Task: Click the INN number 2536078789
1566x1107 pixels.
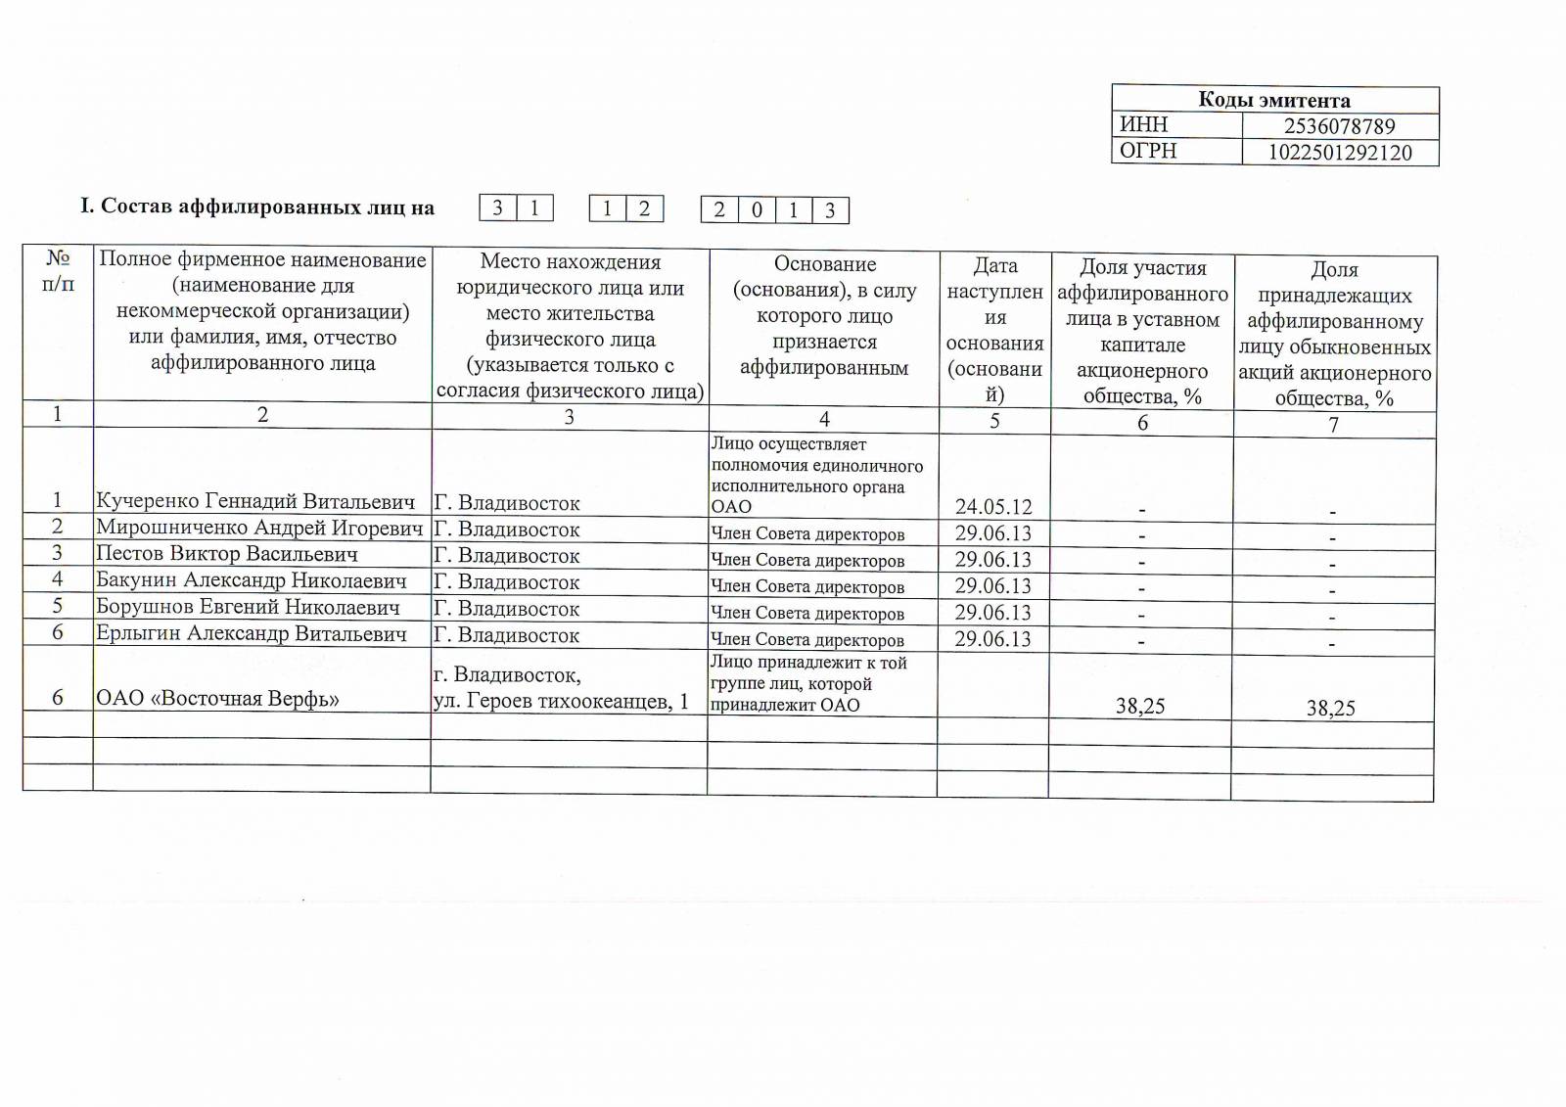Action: pyautogui.click(x=1339, y=126)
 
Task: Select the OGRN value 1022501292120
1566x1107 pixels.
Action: pyautogui.click(x=1340, y=153)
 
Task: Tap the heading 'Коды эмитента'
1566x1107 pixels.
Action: pyautogui.click(x=1274, y=100)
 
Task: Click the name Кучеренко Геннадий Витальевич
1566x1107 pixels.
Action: pyautogui.click(x=255, y=502)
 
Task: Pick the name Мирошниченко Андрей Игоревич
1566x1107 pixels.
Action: pyautogui.click(x=259, y=529)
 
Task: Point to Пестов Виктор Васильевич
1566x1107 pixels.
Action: pyautogui.click(x=227, y=554)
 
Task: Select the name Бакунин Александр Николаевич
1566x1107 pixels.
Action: pyautogui.click(x=252, y=580)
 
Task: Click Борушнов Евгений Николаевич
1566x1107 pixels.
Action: pyautogui.click(x=248, y=607)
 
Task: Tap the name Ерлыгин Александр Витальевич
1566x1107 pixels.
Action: pyautogui.click(x=252, y=633)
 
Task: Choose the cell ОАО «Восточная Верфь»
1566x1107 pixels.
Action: pyautogui.click(x=217, y=699)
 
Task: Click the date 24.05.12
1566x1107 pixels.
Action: pyautogui.click(x=993, y=507)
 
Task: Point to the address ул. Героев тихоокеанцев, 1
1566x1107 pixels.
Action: pyautogui.click(x=561, y=701)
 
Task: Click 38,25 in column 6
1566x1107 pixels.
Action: pyautogui.click(x=1140, y=707)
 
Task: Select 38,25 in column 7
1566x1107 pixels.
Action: pyautogui.click(x=1331, y=709)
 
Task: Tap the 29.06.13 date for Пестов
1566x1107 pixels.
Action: pyautogui.click(x=993, y=560)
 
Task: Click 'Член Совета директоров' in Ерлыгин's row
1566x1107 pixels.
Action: pyautogui.click(x=807, y=640)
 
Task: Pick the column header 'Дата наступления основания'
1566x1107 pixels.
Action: pyautogui.click(x=994, y=330)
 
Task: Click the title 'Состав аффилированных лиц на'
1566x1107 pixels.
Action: pyautogui.click(x=257, y=207)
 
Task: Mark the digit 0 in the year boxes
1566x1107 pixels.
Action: pyautogui.click(x=757, y=210)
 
